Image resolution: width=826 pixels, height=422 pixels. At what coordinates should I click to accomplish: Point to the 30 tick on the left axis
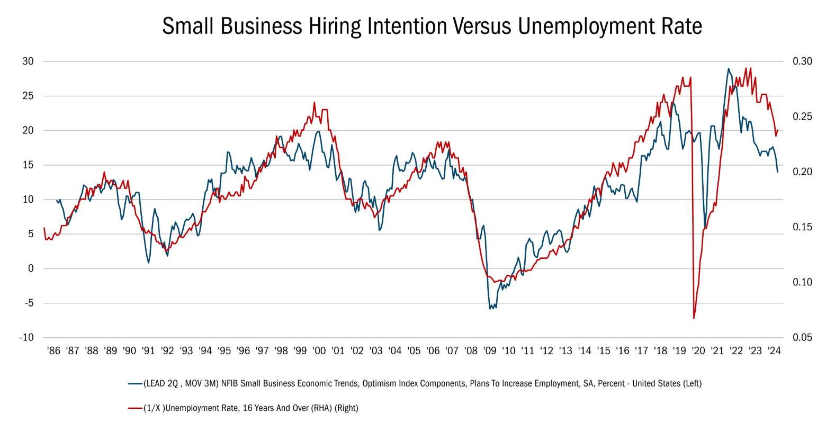(x=28, y=61)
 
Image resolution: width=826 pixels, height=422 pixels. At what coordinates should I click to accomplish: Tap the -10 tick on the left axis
(x=26, y=337)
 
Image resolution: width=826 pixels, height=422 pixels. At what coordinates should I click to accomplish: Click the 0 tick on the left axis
(x=31, y=268)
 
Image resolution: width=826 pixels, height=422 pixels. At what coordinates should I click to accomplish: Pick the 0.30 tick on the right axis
(x=802, y=61)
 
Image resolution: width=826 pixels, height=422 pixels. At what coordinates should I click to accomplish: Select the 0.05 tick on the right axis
(x=802, y=337)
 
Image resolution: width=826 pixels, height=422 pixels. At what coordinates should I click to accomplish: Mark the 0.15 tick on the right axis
(x=802, y=227)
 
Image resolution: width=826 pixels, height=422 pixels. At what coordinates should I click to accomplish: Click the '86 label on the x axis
(x=54, y=351)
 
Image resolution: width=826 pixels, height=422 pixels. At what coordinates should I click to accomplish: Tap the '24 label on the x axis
(x=774, y=351)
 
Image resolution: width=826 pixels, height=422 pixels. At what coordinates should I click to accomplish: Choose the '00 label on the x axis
(x=319, y=351)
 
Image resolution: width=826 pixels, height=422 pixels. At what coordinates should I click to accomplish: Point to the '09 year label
(x=490, y=351)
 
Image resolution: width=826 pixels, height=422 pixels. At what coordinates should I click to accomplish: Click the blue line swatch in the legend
(x=136, y=384)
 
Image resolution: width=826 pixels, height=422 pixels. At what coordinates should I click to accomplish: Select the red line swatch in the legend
(x=136, y=408)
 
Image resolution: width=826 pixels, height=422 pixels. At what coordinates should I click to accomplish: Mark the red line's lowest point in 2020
(x=694, y=318)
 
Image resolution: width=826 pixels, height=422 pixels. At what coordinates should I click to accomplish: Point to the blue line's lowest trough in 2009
(x=490, y=309)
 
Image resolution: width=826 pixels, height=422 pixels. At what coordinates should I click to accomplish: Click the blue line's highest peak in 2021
(x=728, y=68)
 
